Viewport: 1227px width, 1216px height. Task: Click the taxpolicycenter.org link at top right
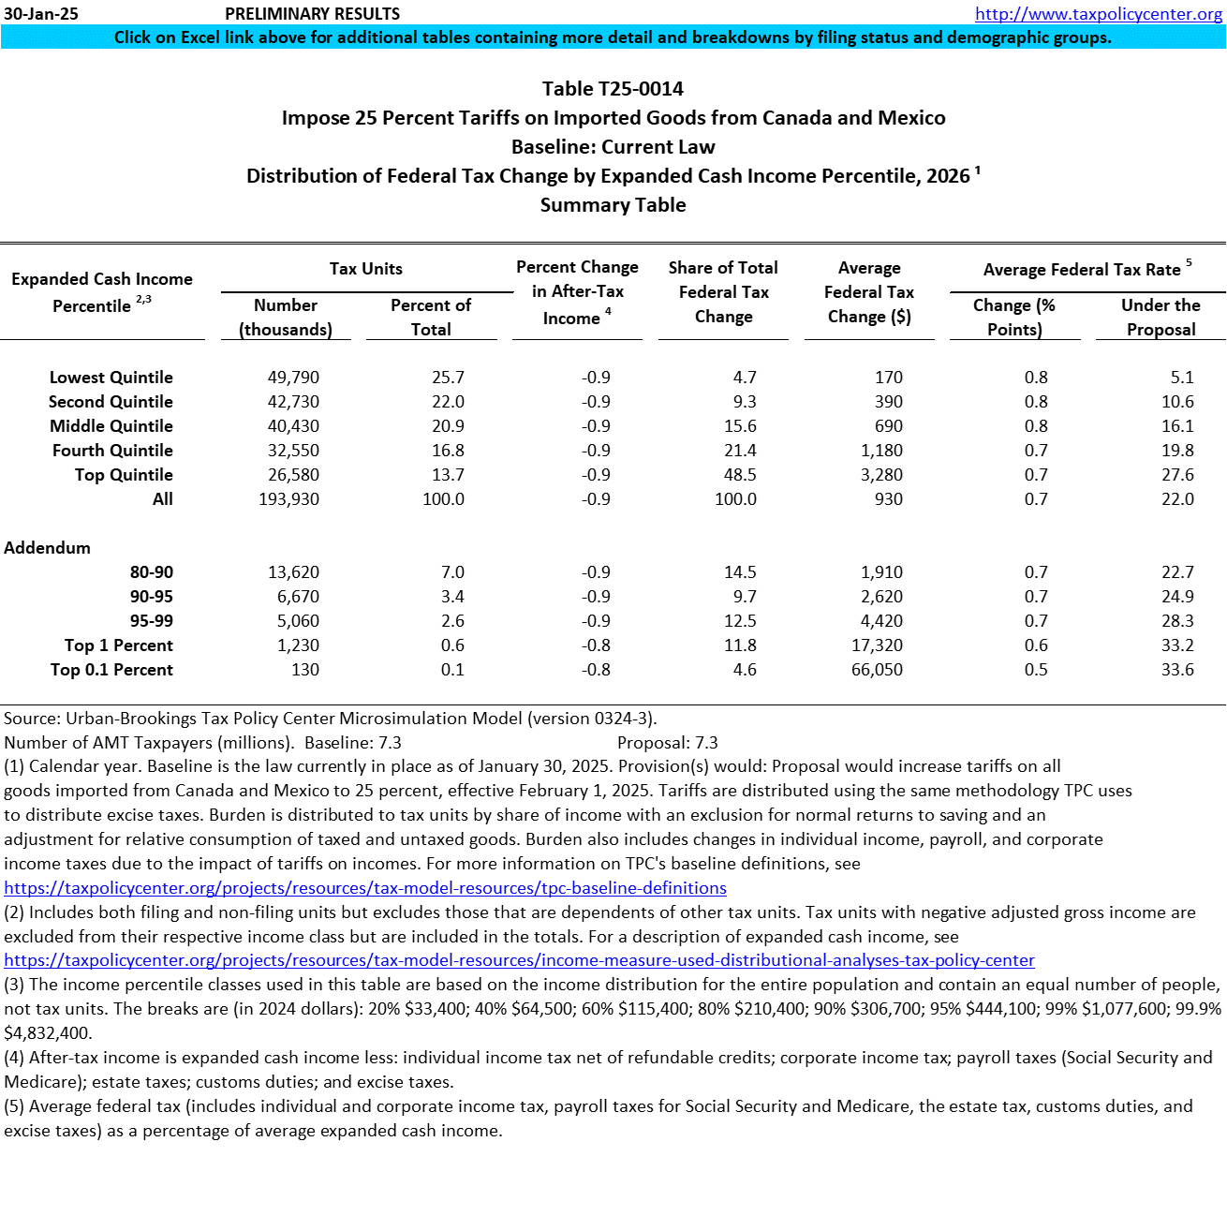pos(1098,14)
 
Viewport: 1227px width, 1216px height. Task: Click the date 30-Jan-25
pos(41,14)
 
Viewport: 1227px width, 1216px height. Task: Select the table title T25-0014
pos(613,89)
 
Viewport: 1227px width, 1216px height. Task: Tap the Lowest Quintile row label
pos(111,378)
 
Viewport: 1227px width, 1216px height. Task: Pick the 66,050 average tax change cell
pos(877,670)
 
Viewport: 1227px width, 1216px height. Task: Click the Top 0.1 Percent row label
pos(111,670)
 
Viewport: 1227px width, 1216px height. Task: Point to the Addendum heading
pos(47,548)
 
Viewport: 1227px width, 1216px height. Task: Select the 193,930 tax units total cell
pos(288,499)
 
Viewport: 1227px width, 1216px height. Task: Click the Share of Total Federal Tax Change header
pos(723,292)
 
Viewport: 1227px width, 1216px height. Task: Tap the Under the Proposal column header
pos(1160,318)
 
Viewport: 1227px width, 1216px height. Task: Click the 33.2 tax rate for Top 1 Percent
pos(1177,645)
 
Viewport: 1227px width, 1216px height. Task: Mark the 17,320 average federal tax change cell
pos(877,645)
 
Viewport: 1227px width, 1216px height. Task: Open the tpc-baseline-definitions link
pos(365,888)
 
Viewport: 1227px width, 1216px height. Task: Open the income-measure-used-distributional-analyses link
pos(519,960)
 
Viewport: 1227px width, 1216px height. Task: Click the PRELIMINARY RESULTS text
pos(312,14)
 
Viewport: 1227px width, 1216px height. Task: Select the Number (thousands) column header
pos(286,318)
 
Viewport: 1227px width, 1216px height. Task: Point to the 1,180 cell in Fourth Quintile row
pos(881,451)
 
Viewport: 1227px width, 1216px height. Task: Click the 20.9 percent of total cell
pos(448,426)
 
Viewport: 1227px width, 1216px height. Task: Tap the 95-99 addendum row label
pos(151,621)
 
